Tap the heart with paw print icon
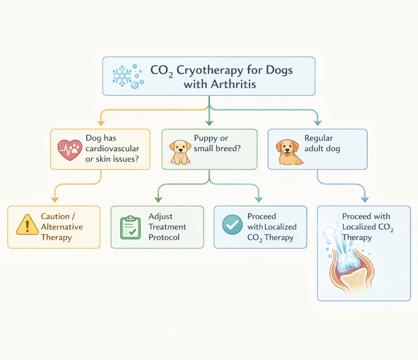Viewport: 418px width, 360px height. click(70, 150)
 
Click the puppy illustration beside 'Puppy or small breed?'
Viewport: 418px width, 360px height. click(180, 152)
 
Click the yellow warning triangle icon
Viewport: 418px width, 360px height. click(27, 225)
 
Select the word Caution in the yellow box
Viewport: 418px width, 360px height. click(55, 217)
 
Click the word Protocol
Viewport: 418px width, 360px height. click(164, 237)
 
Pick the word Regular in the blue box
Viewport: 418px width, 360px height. click(318, 138)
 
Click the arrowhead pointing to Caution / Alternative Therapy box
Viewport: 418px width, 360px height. click(54, 200)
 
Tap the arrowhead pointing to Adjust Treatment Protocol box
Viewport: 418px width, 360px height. click(158, 200)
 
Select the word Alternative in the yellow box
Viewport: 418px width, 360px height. click(62, 227)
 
